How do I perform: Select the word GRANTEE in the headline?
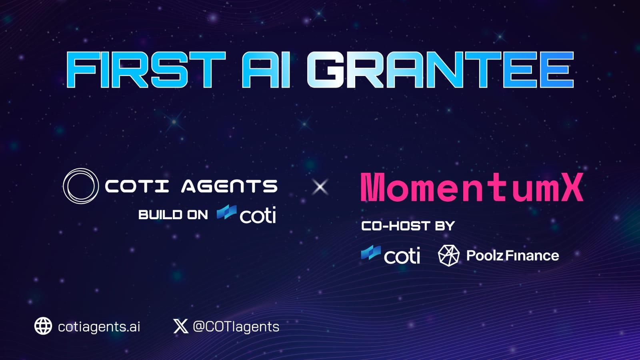tap(440, 70)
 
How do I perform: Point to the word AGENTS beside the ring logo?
tap(229, 186)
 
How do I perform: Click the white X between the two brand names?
tap(320, 187)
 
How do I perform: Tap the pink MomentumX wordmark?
tap(472, 187)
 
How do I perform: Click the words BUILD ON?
tap(173, 215)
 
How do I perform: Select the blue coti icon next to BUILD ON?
tap(226, 212)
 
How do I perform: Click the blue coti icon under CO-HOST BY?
tap(371, 252)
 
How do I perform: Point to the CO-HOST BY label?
tap(408, 226)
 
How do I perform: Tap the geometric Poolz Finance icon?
tap(449, 256)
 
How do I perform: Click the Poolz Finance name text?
tap(512, 256)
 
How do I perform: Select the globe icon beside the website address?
tap(43, 326)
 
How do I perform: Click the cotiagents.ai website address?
tap(99, 327)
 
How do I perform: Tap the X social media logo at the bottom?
tap(181, 326)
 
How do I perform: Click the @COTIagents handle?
tap(236, 327)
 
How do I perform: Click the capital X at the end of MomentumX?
tap(571, 187)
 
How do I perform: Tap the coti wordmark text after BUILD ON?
tap(258, 215)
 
